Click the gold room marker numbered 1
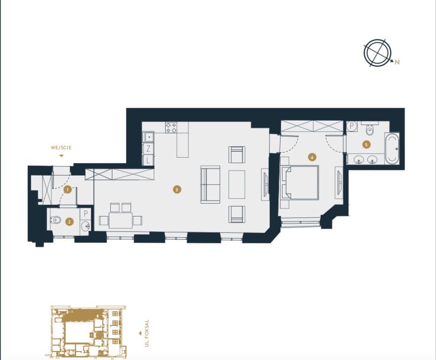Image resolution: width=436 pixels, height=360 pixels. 67,190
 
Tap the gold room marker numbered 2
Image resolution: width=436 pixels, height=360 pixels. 69,222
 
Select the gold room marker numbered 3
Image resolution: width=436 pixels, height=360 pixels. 177,190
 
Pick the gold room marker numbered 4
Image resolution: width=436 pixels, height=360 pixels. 312,157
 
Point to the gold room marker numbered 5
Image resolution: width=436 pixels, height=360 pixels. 367,144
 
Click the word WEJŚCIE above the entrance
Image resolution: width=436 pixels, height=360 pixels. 61,147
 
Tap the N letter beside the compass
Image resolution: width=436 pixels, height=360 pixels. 397,62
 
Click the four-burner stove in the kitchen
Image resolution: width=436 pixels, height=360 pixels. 171,128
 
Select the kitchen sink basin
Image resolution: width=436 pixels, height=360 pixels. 149,137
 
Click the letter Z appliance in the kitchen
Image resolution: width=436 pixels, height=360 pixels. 148,149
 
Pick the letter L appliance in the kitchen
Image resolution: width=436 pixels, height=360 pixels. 148,160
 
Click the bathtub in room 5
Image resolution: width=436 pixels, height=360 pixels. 392,149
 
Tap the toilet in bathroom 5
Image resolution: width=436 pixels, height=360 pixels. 370,129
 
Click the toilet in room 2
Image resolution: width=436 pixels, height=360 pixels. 55,220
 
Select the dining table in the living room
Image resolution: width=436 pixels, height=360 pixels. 121,220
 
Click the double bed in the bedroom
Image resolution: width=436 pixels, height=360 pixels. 300,182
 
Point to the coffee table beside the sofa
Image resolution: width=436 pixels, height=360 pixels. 237,184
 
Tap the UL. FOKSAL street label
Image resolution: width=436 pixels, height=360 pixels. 147,333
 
